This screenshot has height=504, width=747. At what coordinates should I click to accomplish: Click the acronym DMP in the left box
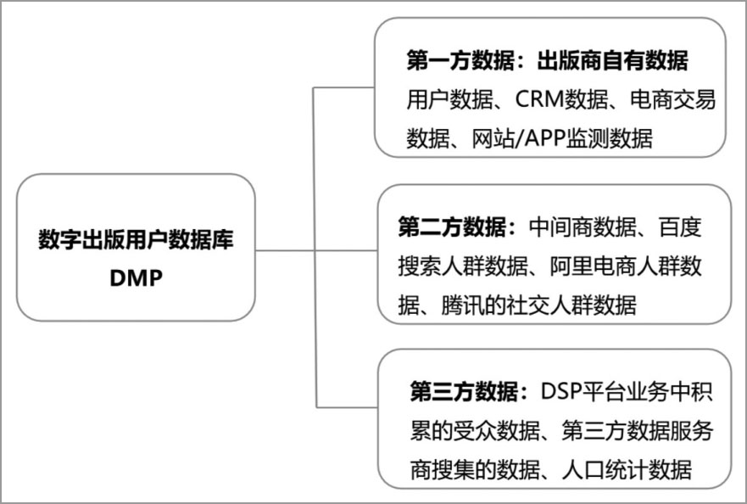point(137,277)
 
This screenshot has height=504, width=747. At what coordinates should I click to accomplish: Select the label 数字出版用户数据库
point(136,239)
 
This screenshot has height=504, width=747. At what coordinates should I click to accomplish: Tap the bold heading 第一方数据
point(460,61)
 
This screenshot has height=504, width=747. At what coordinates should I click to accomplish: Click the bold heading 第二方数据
point(452,227)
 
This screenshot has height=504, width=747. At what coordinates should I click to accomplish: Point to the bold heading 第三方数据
point(464,392)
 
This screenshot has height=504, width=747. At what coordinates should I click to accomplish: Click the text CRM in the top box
point(539,99)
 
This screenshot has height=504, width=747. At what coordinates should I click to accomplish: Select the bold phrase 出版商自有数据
point(613,61)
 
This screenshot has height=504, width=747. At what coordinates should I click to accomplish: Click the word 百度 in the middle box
point(680,227)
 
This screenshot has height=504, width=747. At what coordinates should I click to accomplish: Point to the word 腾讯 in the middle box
point(462,305)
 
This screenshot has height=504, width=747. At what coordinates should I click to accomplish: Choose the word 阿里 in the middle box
point(571,266)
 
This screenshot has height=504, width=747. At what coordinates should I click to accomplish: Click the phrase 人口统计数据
point(627,470)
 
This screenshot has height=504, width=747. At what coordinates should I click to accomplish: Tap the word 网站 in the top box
point(493,138)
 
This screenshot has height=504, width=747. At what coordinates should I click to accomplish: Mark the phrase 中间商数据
point(583,227)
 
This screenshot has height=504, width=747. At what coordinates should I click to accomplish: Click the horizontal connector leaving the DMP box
point(285,250)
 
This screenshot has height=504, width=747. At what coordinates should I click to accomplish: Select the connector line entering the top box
point(344,87)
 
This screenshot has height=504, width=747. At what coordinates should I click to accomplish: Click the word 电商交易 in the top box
point(672,99)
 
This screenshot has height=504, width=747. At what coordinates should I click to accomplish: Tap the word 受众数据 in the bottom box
point(497,431)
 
